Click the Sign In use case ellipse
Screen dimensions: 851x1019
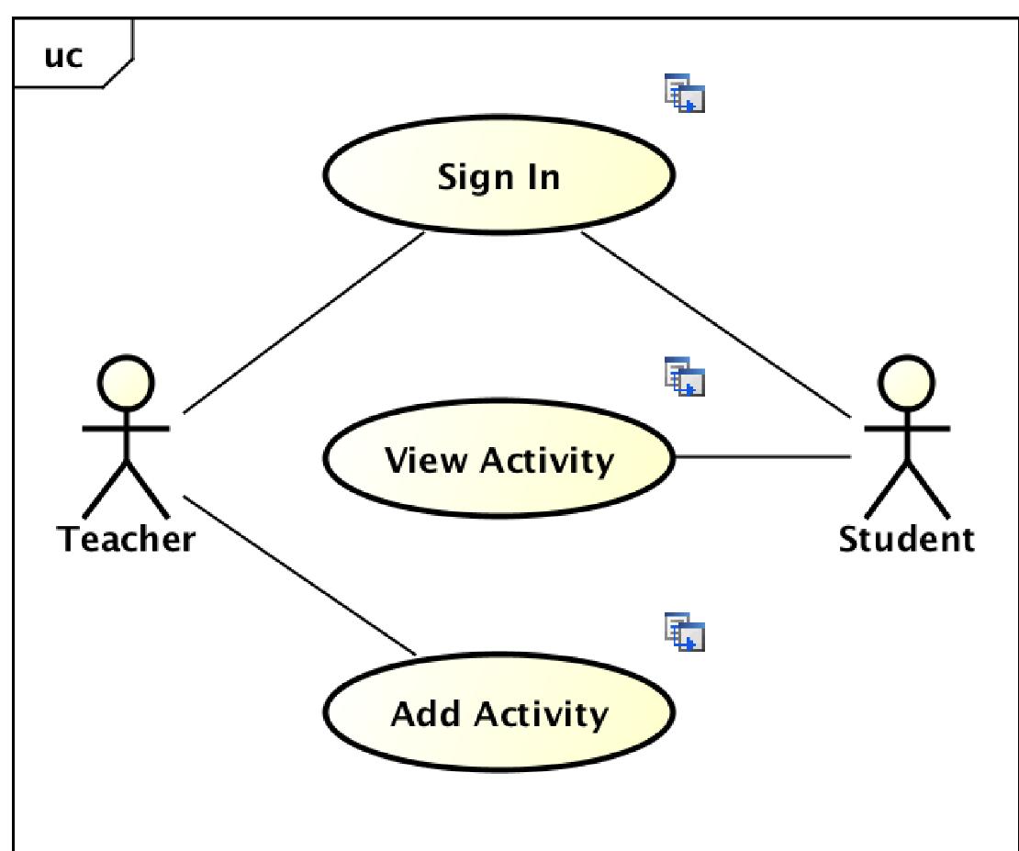coord(498,174)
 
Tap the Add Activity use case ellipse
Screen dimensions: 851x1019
coord(498,711)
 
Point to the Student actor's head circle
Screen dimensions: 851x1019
coord(907,384)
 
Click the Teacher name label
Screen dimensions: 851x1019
coord(127,539)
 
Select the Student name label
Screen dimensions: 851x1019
coord(907,539)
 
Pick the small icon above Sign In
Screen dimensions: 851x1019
coord(685,95)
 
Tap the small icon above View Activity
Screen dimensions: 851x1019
coord(685,377)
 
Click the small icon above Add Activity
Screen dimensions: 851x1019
coord(685,633)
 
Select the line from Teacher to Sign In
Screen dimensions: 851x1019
coord(303,323)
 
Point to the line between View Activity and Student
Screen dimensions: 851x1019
coord(762,456)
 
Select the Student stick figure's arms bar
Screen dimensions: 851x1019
coord(907,429)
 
